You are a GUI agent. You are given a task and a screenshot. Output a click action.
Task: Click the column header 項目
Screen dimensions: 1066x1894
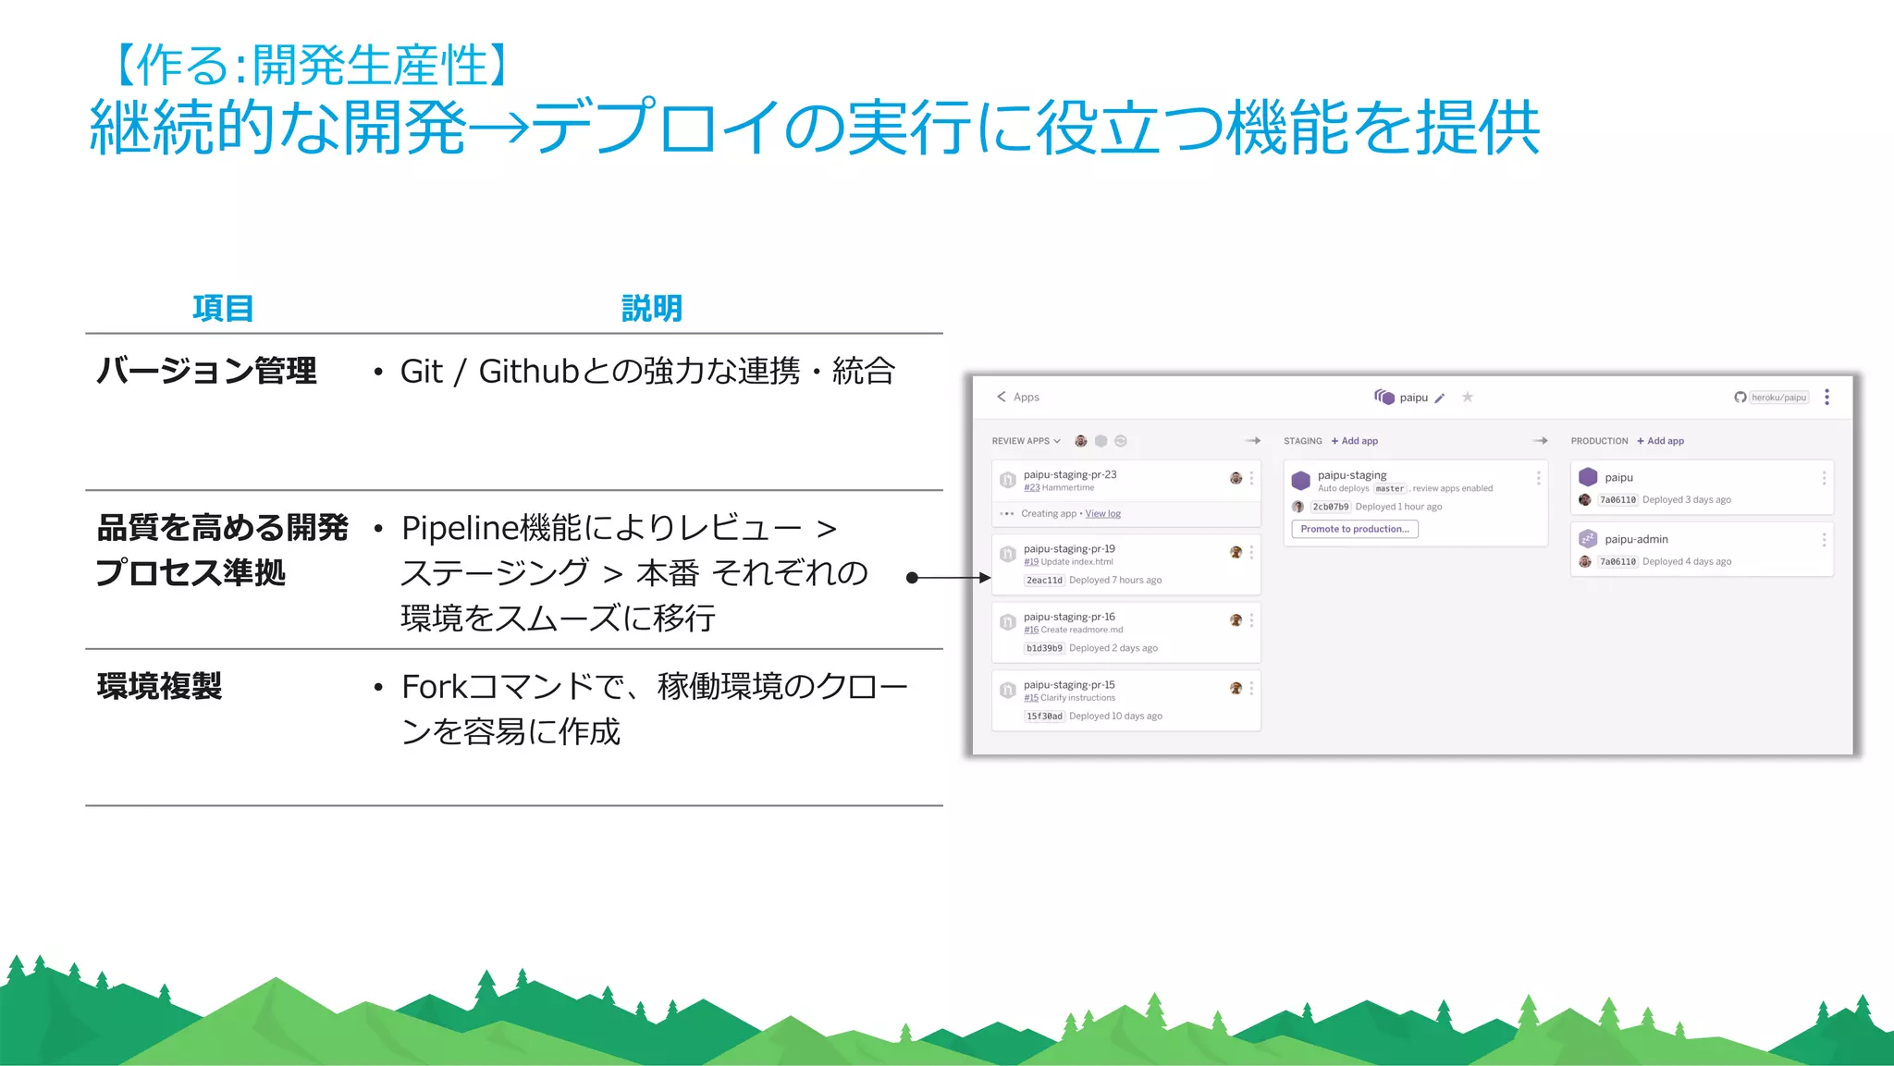pyautogui.click(x=223, y=308)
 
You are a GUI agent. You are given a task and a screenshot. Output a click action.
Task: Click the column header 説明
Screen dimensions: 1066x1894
pyautogui.click(x=652, y=308)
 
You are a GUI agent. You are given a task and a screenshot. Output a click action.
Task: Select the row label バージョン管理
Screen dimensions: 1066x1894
pyautogui.click(x=207, y=371)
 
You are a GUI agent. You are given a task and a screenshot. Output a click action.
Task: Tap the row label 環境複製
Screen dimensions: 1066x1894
pyautogui.click(x=159, y=686)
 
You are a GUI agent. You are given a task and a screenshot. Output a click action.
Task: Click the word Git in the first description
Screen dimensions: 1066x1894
pyautogui.click(x=422, y=371)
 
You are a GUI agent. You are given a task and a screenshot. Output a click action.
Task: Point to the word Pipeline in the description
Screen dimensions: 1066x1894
pyautogui.click(x=460, y=528)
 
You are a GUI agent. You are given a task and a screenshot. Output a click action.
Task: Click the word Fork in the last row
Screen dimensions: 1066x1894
pyautogui.click(x=434, y=687)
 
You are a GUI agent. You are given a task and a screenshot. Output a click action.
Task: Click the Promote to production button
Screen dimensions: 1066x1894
pyautogui.click(x=1355, y=529)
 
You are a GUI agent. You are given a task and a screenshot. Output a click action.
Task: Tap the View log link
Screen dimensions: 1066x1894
pyautogui.click(x=1102, y=514)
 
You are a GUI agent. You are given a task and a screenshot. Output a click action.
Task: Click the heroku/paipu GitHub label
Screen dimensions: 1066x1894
pyautogui.click(x=1778, y=398)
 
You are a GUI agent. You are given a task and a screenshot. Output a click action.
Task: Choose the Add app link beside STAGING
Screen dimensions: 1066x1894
pyautogui.click(x=1355, y=441)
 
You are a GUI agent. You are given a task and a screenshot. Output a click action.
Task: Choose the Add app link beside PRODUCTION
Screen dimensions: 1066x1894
pyautogui.click(x=1661, y=441)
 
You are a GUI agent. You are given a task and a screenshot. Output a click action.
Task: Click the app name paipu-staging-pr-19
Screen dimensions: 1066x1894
pyautogui.click(x=1069, y=548)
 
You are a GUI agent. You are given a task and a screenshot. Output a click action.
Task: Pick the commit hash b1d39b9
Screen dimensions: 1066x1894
pyautogui.click(x=1044, y=648)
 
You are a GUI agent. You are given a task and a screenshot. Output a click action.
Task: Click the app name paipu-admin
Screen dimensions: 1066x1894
pyautogui.click(x=1636, y=539)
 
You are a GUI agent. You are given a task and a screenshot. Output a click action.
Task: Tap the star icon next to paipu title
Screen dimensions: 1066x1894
pyautogui.click(x=1468, y=398)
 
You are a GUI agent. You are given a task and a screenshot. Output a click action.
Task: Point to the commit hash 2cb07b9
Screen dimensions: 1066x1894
pyautogui.click(x=1331, y=507)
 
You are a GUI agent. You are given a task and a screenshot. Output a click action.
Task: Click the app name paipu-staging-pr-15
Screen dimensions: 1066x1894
pyautogui.click(x=1069, y=685)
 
